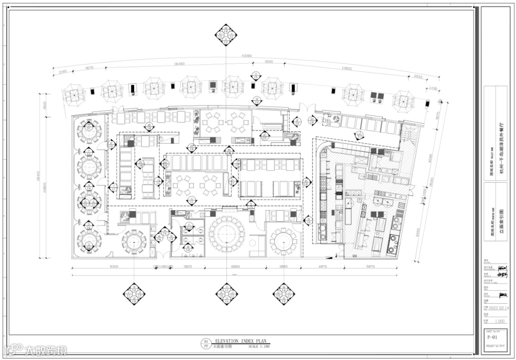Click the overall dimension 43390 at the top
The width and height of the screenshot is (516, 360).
coord(247,56)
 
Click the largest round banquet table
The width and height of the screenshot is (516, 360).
coord(226,234)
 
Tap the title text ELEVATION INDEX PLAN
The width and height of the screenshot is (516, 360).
coord(237,341)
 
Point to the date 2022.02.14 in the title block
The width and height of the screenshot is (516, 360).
coord(498,308)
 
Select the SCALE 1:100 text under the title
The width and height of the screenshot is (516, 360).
coord(258,346)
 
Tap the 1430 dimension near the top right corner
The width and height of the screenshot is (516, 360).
coord(433,88)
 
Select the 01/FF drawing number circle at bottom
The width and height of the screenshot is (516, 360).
coord(206,344)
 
